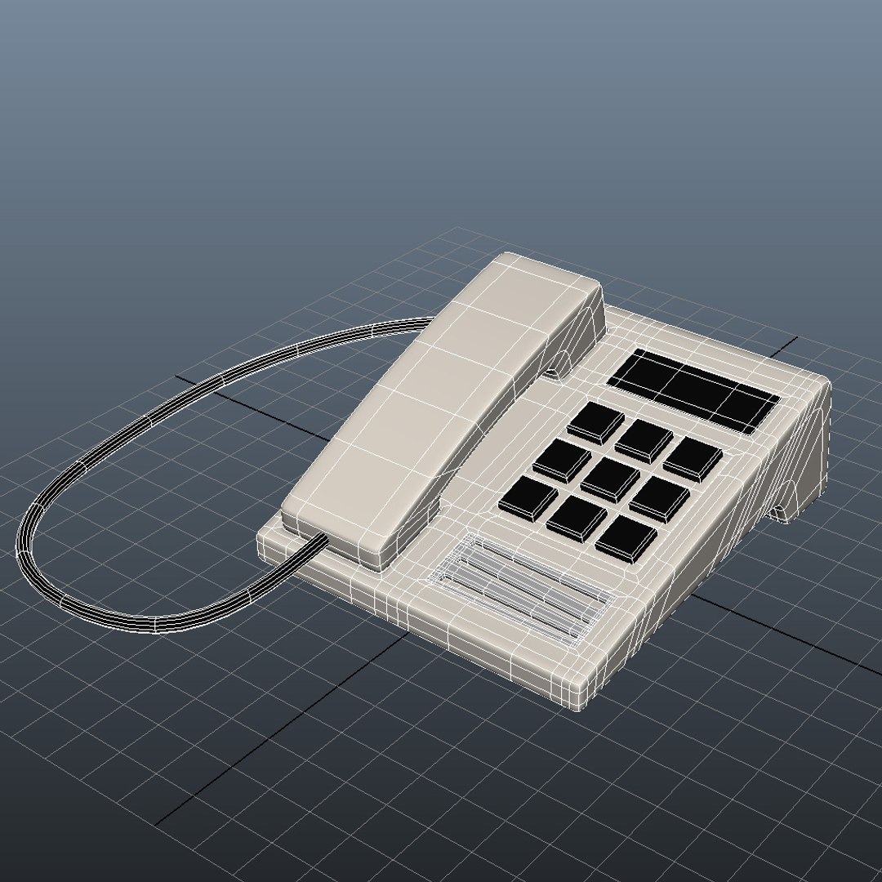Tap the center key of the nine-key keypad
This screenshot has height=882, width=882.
[610, 479]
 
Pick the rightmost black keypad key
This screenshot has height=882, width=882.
[693, 458]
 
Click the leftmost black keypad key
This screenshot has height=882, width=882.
[528, 496]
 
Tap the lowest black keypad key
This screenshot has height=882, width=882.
[626, 539]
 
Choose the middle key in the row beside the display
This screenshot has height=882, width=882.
[644, 439]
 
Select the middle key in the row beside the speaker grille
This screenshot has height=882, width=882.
[577, 518]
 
